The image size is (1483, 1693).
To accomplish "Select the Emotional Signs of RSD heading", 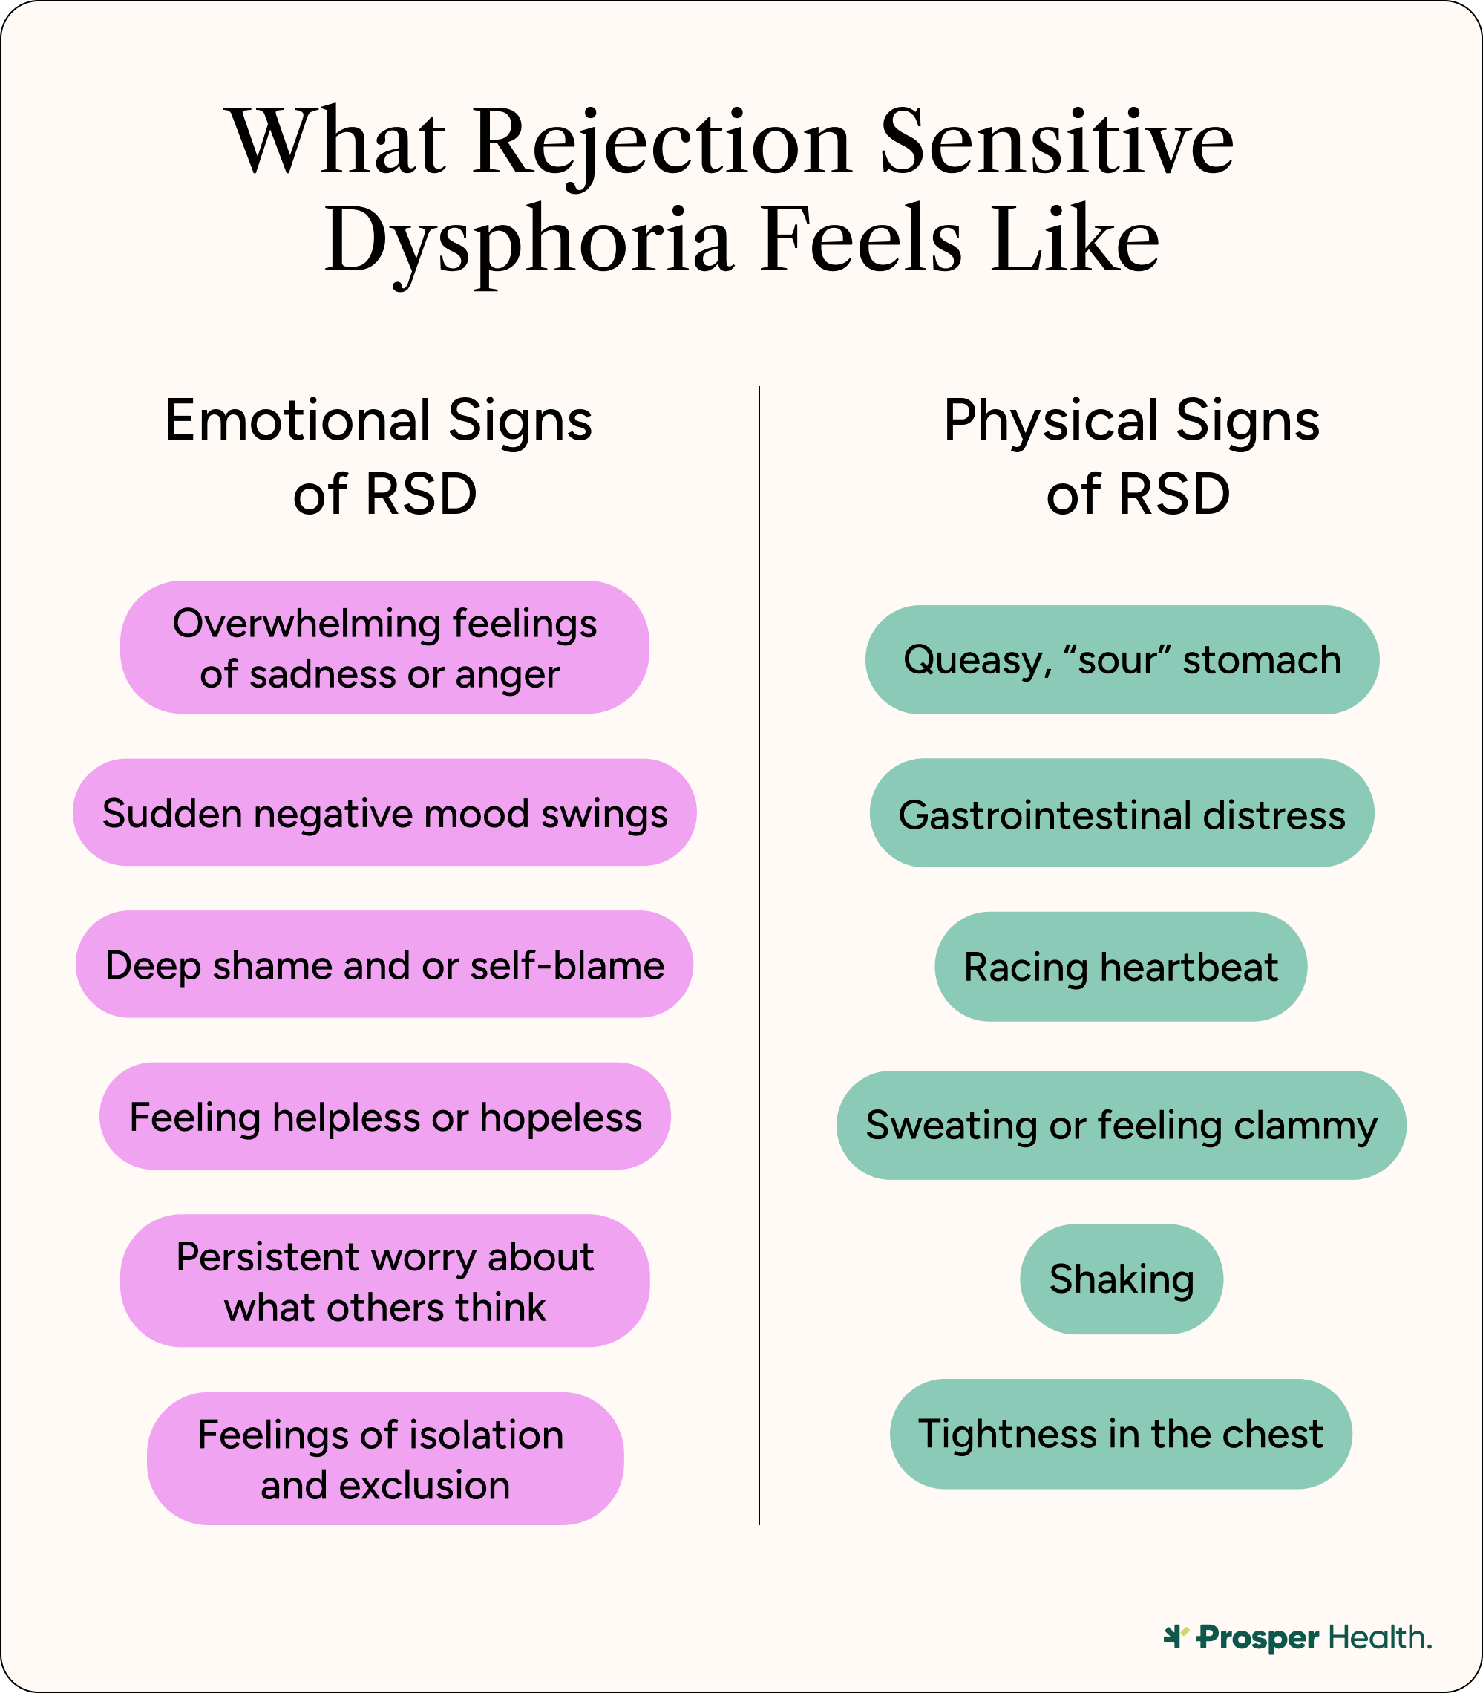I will tap(379, 457).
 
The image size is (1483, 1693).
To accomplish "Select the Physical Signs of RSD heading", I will tap(1132, 457).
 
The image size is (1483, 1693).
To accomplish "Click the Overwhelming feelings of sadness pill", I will tap(384, 647).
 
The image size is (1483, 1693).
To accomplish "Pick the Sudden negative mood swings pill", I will tap(384, 813).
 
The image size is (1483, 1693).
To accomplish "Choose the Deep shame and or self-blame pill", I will tap(384, 965).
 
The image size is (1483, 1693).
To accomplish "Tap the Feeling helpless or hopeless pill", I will tap(384, 1116).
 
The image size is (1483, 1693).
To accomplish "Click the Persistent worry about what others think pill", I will tap(384, 1281).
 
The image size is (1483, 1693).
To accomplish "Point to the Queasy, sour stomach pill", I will tap(1122, 660).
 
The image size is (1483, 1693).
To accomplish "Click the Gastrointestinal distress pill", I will tap(1122, 814).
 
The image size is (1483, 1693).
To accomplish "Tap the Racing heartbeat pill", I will tap(1121, 967).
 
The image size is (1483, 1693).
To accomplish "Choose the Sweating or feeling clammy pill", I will tap(1122, 1125).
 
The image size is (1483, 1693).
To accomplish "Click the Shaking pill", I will tap(1122, 1279).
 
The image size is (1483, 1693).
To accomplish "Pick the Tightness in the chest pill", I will tap(1121, 1434).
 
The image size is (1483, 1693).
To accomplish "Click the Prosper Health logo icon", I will tap(1176, 1637).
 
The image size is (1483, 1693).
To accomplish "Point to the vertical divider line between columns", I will tap(759, 952).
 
